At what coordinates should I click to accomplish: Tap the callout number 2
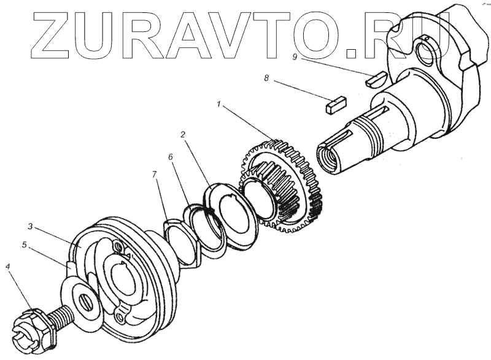[x=182, y=133]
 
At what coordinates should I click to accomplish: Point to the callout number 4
[x=7, y=267]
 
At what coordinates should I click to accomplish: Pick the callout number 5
[x=25, y=245]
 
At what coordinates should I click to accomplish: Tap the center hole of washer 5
[x=85, y=301]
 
